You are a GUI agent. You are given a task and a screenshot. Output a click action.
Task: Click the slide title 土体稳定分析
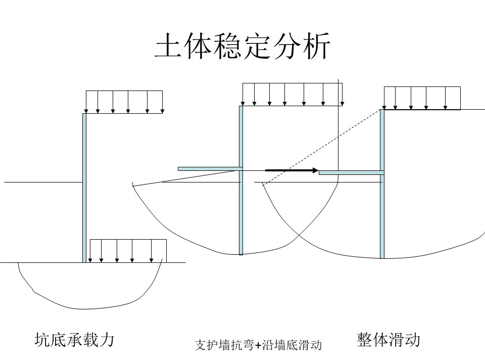243,46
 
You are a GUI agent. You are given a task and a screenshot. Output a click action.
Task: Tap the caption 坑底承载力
74,340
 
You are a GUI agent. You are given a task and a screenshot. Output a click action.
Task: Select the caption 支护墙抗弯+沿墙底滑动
258,345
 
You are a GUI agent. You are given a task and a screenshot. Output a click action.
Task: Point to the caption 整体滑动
389,340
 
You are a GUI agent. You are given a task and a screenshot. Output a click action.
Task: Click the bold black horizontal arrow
292,170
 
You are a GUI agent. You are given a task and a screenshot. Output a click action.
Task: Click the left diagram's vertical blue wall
84,188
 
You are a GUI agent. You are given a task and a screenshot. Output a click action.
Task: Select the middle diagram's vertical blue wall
241,180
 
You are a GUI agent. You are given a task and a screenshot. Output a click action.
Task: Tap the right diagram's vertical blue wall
382,184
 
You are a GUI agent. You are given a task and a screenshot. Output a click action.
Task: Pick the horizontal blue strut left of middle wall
210,169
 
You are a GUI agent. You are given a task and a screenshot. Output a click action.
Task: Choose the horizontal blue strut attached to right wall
352,172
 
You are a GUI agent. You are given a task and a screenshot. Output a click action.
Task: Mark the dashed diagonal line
321,147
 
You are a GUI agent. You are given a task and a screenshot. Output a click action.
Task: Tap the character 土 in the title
168,46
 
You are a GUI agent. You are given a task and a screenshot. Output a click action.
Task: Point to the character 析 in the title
317,46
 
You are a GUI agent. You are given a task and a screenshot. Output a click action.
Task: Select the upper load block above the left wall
124,102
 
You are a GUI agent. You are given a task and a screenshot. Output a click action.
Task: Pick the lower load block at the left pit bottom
128,251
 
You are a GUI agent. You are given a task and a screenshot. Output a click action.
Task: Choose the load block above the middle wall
293,95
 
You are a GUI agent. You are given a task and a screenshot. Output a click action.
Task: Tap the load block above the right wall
422,98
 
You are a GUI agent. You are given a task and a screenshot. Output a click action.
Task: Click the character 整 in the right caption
365,340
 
